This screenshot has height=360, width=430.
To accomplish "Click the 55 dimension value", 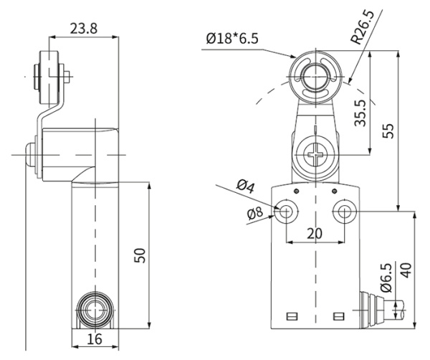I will click(388, 130).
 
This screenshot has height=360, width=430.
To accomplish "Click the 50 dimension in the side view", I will click(140, 255).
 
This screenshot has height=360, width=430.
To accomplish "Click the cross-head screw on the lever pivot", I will click(315, 153).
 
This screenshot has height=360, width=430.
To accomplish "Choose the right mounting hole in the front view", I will click(345, 212).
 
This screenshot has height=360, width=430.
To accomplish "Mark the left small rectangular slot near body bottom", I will click(290, 316).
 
